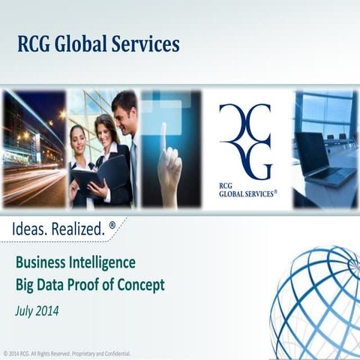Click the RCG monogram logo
245,141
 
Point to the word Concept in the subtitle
145,285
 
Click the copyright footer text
67,352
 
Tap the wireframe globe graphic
319,300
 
